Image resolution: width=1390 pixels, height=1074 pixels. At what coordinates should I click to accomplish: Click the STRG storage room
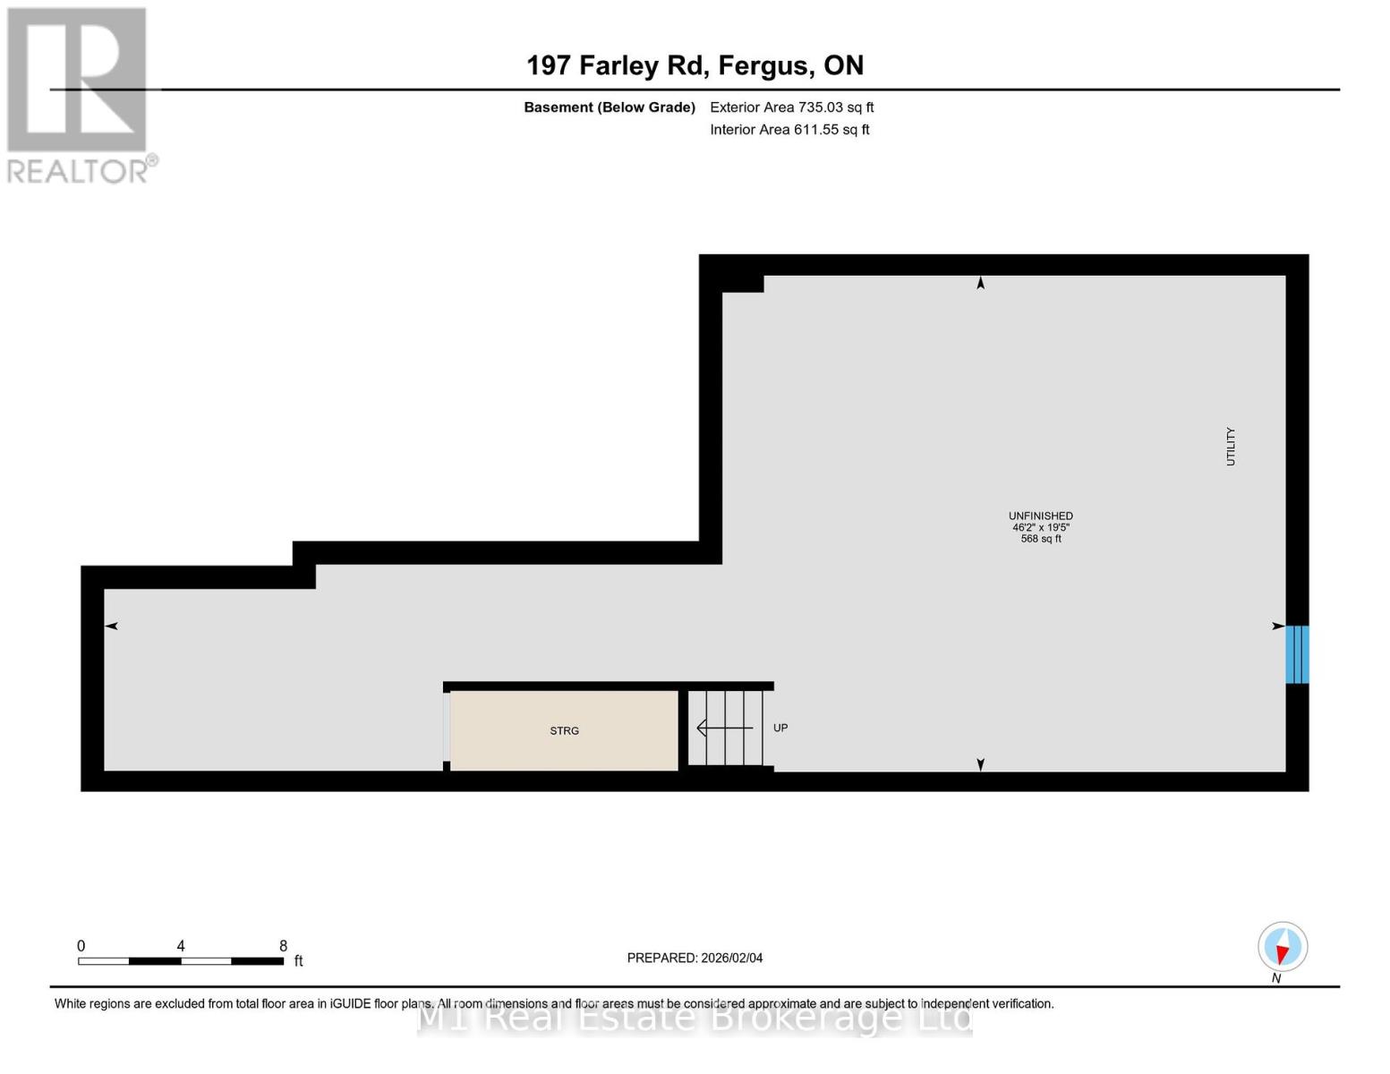point(564,730)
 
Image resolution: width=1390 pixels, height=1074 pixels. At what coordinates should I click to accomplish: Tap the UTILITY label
point(1230,446)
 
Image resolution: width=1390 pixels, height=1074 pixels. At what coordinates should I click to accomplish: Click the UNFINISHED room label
point(1040,516)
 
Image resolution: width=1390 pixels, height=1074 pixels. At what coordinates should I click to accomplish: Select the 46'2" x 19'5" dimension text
point(1040,527)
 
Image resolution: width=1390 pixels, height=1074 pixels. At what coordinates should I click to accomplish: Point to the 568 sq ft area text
point(1040,539)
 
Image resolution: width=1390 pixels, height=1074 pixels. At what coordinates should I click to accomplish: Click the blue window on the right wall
point(1297,654)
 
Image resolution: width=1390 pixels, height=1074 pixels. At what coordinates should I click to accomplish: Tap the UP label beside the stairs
point(780,728)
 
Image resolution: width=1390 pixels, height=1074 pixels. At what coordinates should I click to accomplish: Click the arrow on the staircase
point(724,728)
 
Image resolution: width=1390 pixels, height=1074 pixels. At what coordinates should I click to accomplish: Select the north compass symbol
point(1282,947)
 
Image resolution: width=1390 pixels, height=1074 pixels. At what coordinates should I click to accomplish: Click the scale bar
point(181,961)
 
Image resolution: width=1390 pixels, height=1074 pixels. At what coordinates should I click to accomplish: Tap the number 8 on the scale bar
point(283,946)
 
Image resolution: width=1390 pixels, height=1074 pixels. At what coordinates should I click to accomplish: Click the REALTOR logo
point(78,95)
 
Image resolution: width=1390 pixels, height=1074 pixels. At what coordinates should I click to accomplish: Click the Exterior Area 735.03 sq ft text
point(791,107)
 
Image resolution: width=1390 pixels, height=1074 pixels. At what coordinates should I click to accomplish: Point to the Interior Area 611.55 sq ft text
point(789,129)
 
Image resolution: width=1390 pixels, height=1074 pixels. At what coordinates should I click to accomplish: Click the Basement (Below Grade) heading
point(609,107)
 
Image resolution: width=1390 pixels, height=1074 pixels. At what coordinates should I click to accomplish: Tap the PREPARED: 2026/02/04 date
point(695,958)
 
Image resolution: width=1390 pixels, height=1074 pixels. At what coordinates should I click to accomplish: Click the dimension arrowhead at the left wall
point(112,626)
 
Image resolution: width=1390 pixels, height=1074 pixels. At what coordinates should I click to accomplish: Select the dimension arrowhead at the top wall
point(980,284)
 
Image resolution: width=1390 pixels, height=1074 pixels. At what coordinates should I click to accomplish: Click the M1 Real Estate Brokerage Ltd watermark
point(695,1018)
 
